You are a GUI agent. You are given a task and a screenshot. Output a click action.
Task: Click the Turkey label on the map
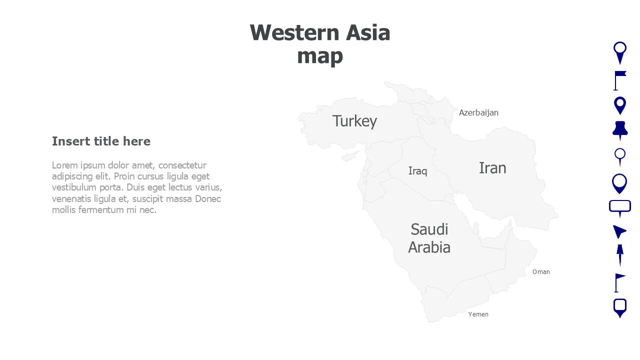click(354, 121)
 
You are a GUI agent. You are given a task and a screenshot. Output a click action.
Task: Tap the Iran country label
click(492, 168)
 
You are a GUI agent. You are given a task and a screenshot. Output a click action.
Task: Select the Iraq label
click(418, 171)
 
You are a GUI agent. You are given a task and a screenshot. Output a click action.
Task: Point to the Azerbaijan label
click(478, 112)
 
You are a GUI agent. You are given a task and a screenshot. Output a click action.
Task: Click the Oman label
click(541, 272)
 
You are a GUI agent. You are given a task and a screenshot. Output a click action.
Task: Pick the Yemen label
click(478, 314)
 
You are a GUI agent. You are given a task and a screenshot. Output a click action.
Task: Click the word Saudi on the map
click(429, 229)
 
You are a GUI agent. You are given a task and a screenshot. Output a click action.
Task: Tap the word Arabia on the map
click(429, 247)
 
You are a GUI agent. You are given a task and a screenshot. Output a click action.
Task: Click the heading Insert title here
click(101, 141)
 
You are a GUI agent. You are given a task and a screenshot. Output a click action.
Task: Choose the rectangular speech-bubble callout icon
click(620, 207)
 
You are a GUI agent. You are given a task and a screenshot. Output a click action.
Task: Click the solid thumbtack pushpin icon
click(620, 130)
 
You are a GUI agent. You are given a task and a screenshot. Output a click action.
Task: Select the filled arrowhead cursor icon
click(619, 231)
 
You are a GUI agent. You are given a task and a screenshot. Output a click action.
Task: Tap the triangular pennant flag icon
click(619, 282)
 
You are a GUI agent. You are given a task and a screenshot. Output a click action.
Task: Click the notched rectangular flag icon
click(619, 80)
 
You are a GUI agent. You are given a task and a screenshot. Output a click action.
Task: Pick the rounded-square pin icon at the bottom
click(620, 307)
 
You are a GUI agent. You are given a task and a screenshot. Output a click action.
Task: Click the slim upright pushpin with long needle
click(620, 254)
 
